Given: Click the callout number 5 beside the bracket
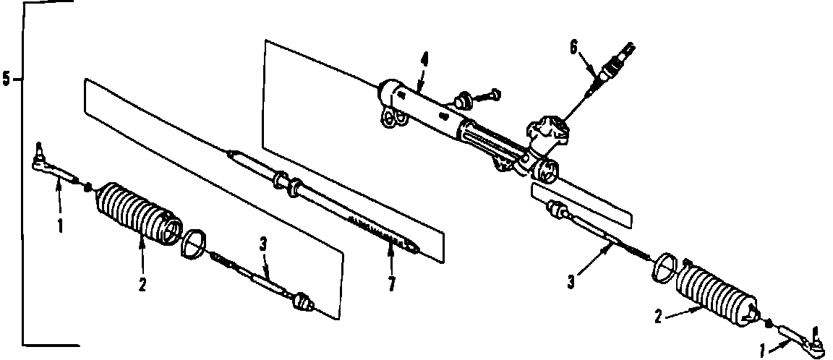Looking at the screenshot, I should tap(7, 79).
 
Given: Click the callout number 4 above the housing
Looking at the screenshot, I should tap(424, 61).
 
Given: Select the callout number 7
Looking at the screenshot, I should tap(391, 284).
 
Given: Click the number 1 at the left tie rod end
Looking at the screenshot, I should tap(61, 226).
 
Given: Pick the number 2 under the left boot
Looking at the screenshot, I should tap(142, 284).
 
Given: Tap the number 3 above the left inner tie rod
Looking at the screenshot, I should tap(263, 244).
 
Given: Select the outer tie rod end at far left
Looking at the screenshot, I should tap(51, 168).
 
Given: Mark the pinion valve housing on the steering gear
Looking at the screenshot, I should tap(549, 134).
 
